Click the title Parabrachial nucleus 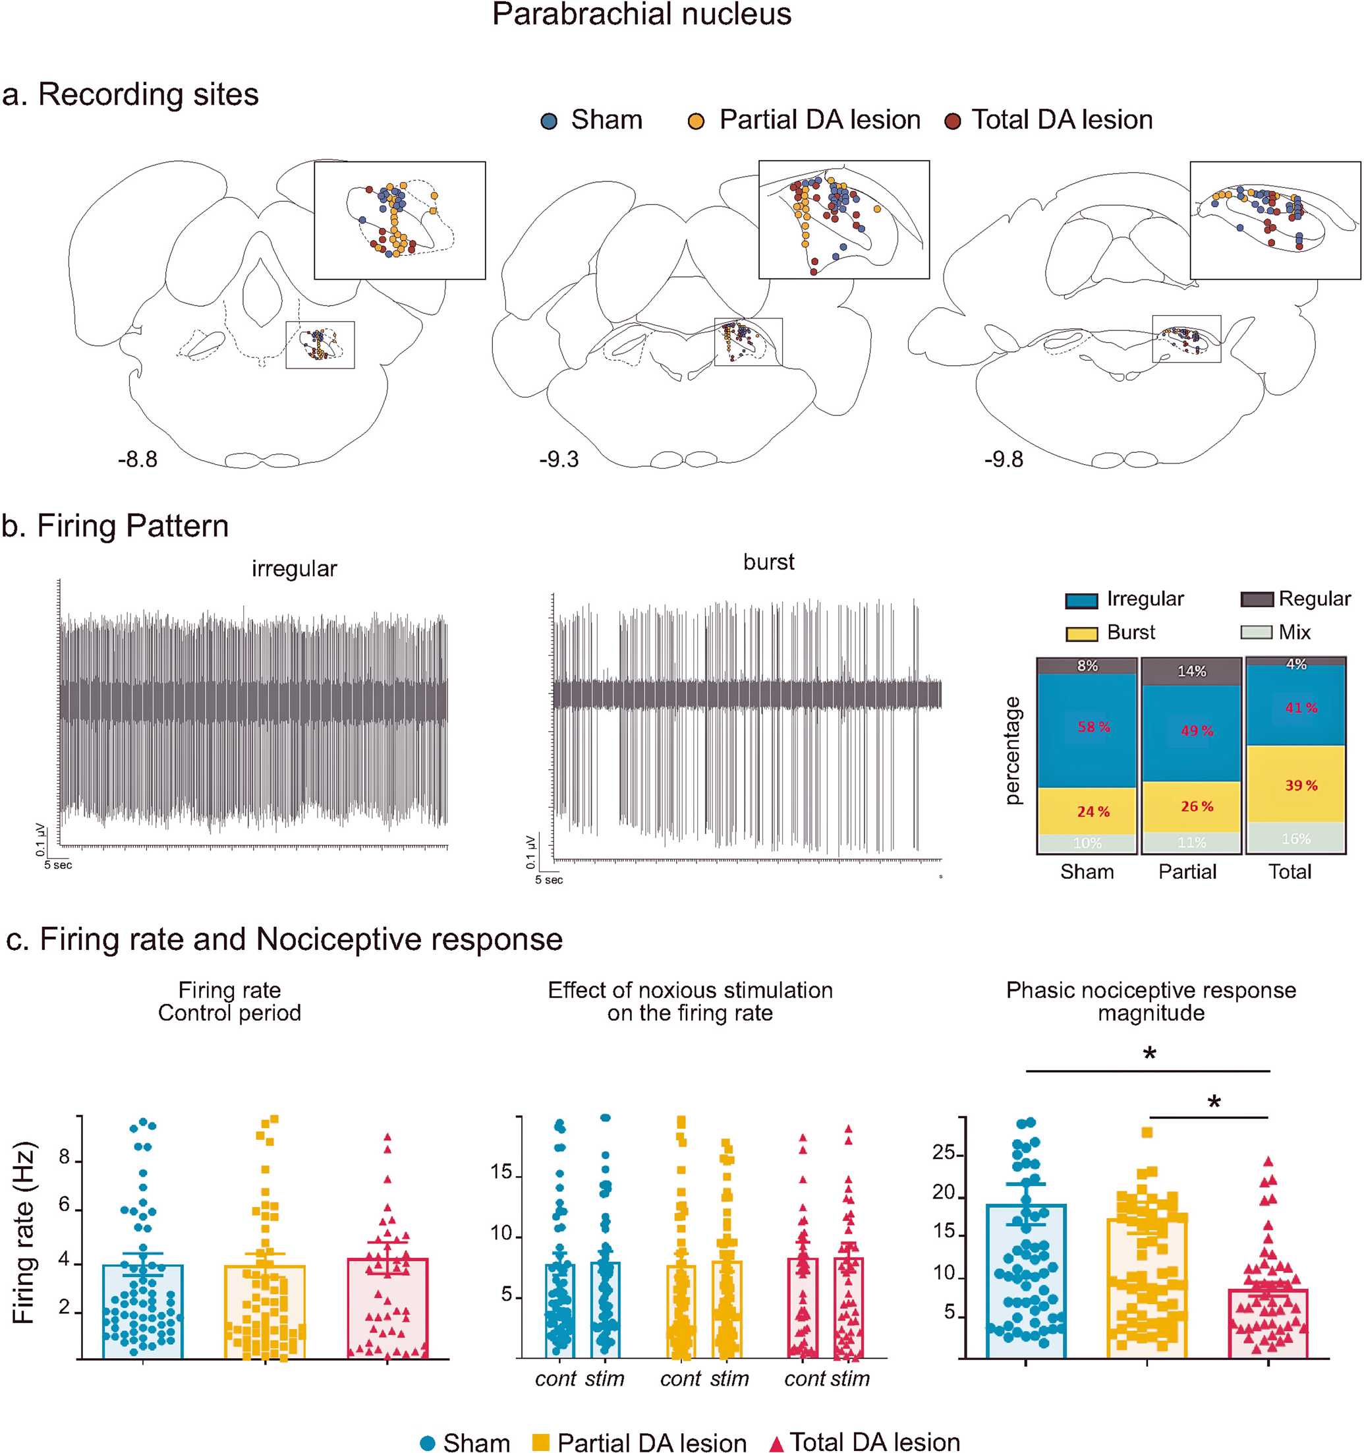pyautogui.click(x=641, y=15)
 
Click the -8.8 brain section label pyautogui.click(x=137, y=460)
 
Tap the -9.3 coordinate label pyautogui.click(x=559, y=460)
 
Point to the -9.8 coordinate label pyautogui.click(x=1003, y=460)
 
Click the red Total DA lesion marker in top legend pyautogui.click(x=952, y=121)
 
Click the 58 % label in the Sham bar pyautogui.click(x=1094, y=727)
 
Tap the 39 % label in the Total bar pyautogui.click(x=1301, y=786)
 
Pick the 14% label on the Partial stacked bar pyautogui.click(x=1191, y=671)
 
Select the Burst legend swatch pyautogui.click(x=1081, y=634)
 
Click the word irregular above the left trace pyautogui.click(x=295, y=569)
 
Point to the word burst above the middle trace pyautogui.click(x=768, y=562)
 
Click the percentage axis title pyautogui.click(x=1013, y=752)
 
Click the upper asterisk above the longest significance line pyautogui.click(x=1150, y=1055)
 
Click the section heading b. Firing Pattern pyautogui.click(x=115, y=526)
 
